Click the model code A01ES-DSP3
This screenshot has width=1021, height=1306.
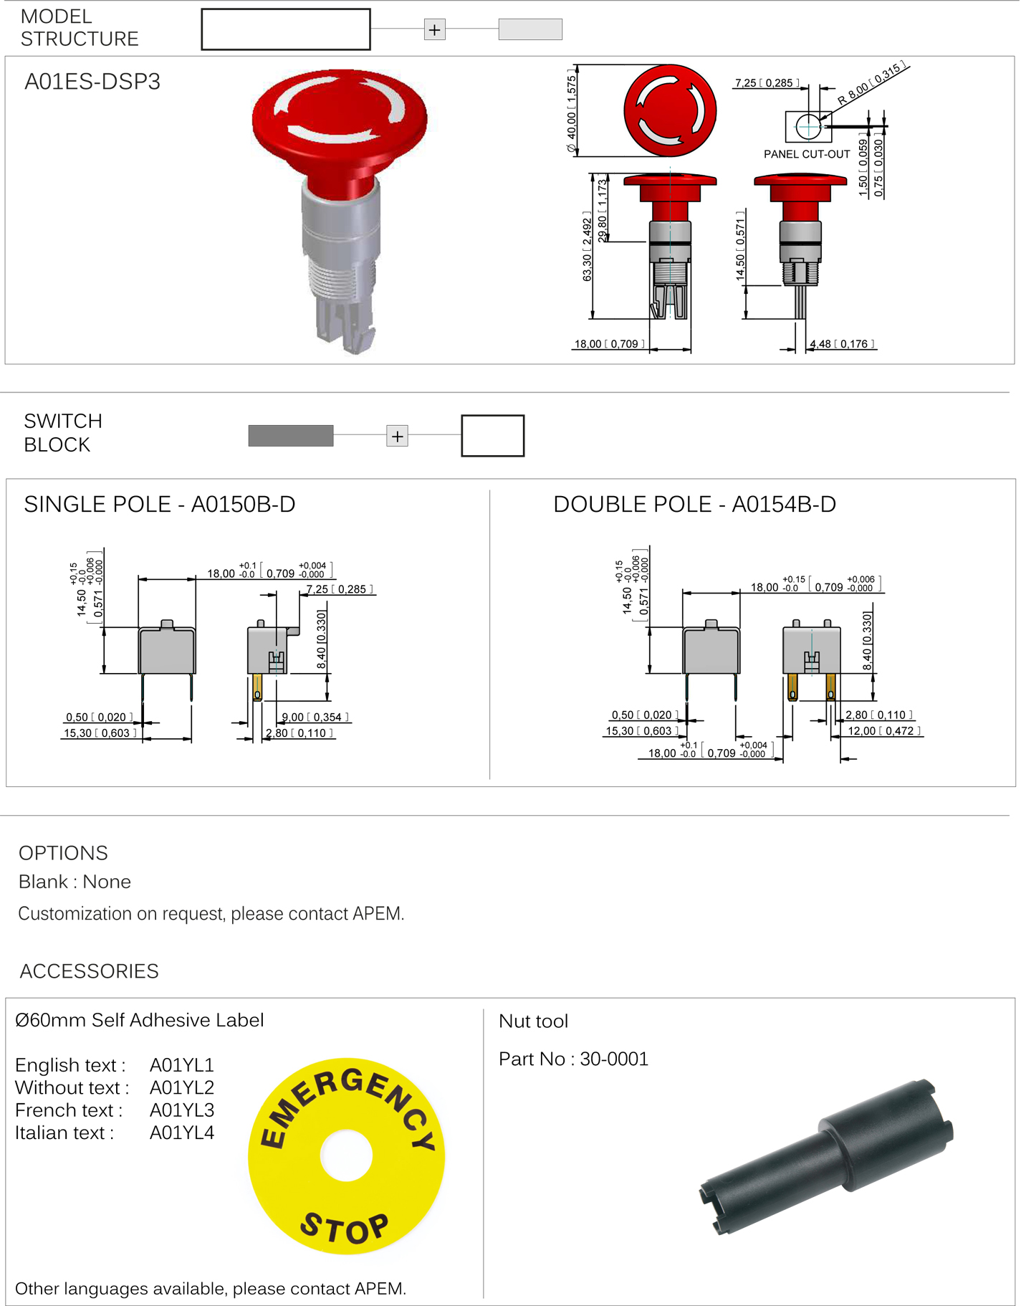click(92, 82)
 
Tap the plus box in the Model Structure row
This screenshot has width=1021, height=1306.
click(434, 30)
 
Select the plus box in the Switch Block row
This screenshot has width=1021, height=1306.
click(397, 436)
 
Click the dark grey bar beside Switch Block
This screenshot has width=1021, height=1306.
click(290, 436)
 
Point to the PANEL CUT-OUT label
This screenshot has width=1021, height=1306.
click(806, 154)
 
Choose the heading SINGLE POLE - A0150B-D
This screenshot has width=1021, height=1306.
click(160, 505)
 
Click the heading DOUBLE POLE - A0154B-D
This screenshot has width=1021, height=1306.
click(694, 505)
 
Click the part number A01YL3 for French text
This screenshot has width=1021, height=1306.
click(182, 1110)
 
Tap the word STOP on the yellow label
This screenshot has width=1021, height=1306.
click(345, 1229)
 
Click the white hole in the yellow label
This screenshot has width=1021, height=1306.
click(346, 1155)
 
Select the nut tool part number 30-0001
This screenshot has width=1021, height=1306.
click(614, 1059)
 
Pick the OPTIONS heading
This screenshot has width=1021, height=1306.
click(63, 853)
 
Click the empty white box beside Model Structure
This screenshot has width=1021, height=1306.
click(286, 29)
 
